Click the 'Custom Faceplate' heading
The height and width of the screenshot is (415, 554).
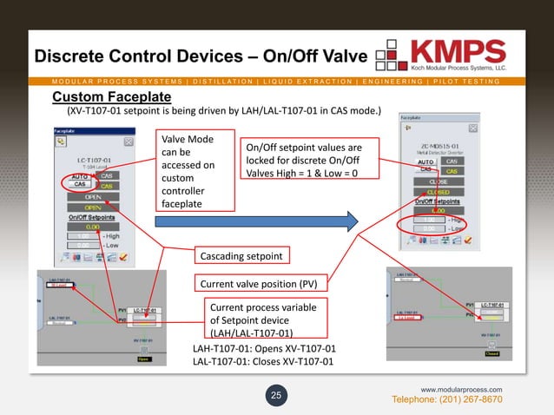[112, 96]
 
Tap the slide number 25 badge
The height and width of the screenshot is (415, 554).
[276, 396]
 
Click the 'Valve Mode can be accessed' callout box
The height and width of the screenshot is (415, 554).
[195, 171]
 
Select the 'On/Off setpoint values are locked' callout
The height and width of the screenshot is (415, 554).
[303, 161]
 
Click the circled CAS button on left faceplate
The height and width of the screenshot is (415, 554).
[79, 184]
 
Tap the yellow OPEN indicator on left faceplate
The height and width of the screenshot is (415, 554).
[92, 207]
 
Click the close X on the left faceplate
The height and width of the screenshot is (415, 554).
[128, 141]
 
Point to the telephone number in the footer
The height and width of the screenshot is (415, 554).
[448, 399]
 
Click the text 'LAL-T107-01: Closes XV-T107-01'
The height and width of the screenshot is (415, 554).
[261, 362]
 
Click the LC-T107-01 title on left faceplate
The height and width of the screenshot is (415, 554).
[93, 160]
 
